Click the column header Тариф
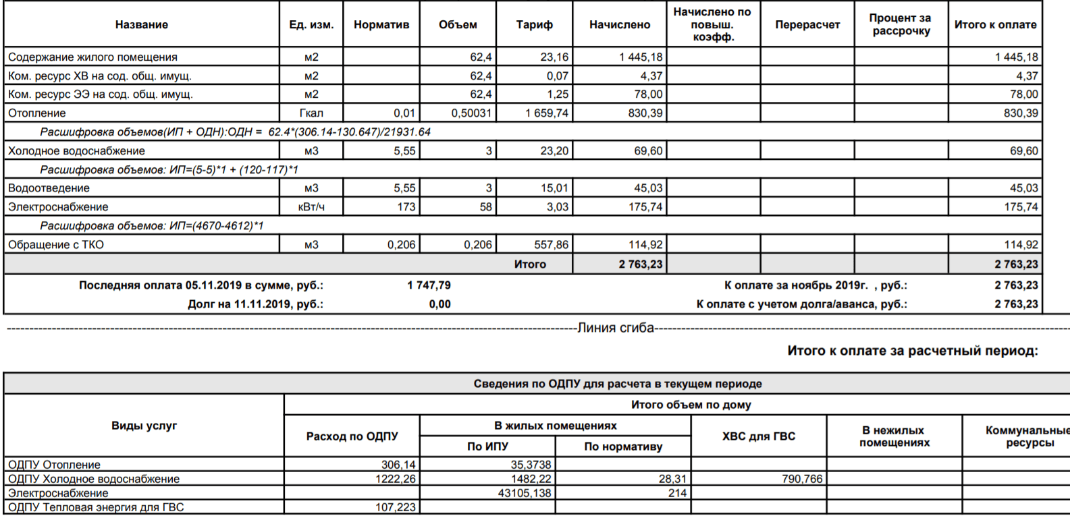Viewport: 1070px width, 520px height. point(534,25)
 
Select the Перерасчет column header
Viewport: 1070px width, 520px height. point(807,25)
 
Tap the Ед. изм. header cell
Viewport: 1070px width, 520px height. point(311,25)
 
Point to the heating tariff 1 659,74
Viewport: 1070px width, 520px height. point(547,113)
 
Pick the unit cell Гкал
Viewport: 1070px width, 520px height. point(311,113)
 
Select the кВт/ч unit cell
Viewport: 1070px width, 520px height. point(311,207)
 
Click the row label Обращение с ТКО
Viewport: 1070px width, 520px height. point(56,245)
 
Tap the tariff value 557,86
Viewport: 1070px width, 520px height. point(551,245)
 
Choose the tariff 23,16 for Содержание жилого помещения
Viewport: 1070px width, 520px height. point(554,57)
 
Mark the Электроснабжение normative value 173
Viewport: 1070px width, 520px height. point(406,207)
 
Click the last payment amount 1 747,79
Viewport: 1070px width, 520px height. point(429,285)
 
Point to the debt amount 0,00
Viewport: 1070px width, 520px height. point(439,304)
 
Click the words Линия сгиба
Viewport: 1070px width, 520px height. point(616,328)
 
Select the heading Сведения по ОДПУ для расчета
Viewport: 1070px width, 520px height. point(617,384)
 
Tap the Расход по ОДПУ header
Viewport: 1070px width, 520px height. point(352,436)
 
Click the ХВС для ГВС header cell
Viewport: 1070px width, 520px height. point(759,436)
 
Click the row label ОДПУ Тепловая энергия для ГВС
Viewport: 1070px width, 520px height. point(96,507)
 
